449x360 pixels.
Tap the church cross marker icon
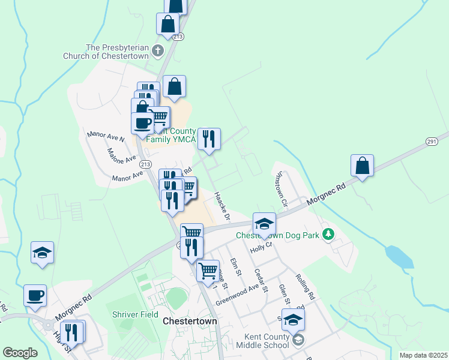click(158, 51)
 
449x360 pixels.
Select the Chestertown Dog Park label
click(277, 235)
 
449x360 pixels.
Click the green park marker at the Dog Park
click(328, 233)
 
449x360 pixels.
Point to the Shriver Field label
click(135, 314)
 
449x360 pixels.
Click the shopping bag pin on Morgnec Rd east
click(363, 166)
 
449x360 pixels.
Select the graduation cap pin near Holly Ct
click(264, 224)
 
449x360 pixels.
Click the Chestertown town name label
click(190, 322)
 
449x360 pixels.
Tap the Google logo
click(20, 353)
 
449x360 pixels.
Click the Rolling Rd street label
click(305, 287)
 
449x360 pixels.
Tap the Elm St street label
click(235, 267)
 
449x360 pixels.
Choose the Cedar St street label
click(260, 277)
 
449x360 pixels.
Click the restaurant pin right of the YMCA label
click(209, 139)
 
